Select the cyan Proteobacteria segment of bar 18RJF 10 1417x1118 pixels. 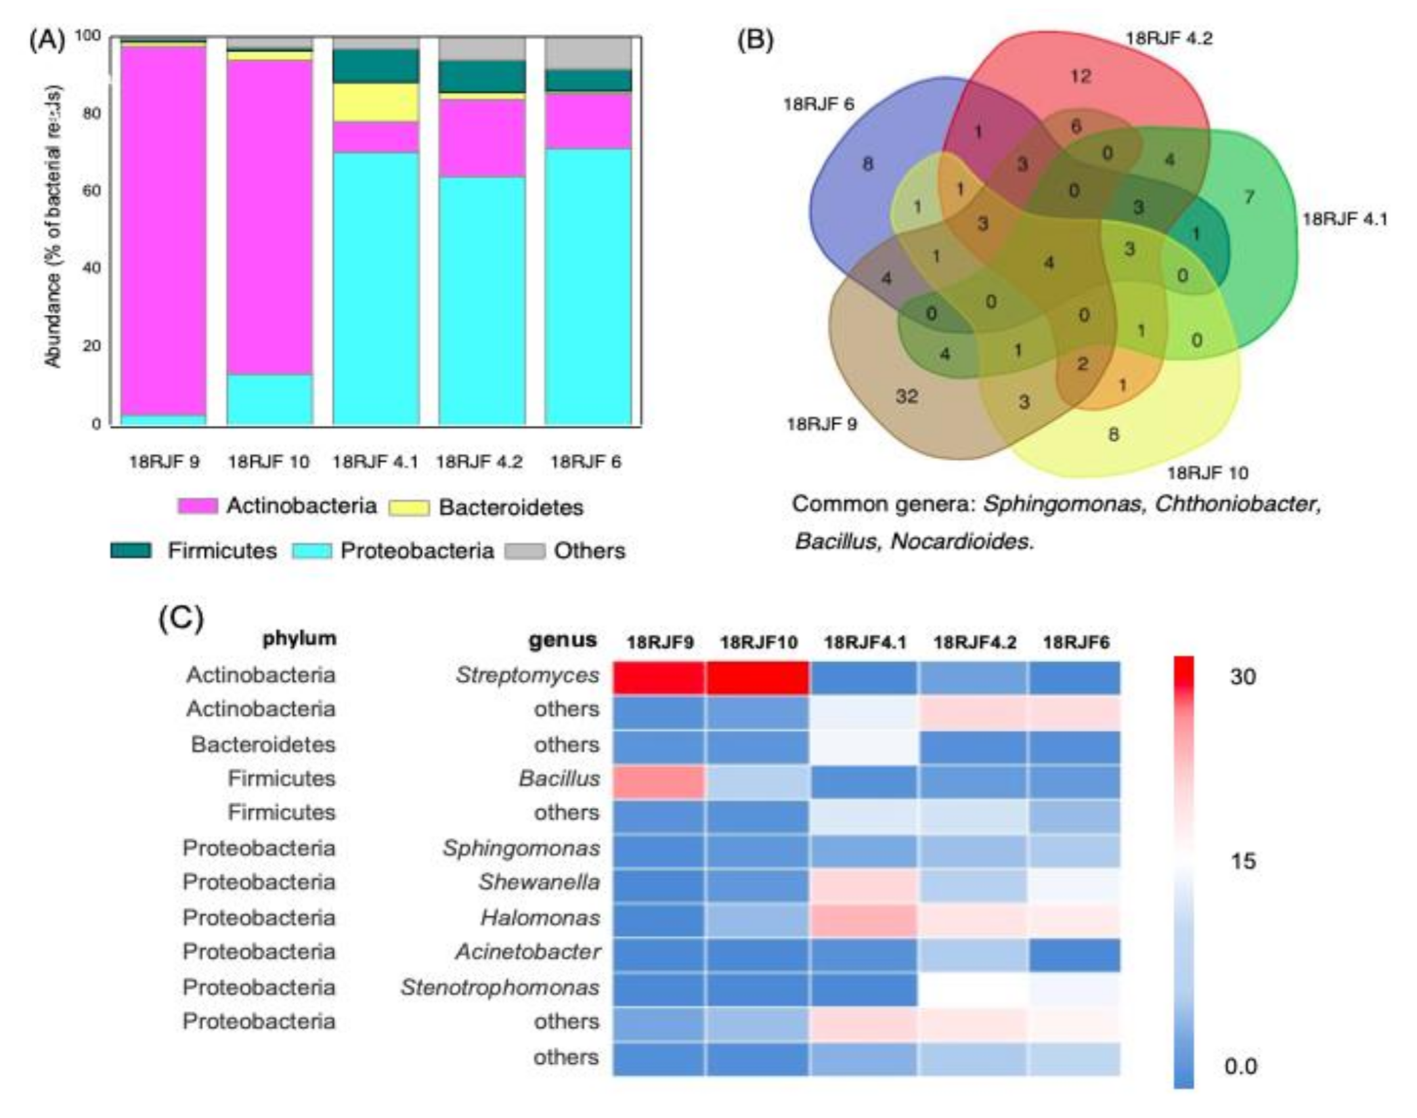coord(269,400)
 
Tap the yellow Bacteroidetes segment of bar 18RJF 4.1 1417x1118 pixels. coord(376,102)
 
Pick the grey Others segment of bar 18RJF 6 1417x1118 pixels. coord(588,53)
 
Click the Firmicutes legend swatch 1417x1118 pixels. coord(131,551)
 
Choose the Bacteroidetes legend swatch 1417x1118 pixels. coord(409,507)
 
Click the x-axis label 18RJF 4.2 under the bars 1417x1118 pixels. coord(479,463)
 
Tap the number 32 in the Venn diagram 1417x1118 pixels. coord(907,396)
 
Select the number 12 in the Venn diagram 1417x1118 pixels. coord(1081,76)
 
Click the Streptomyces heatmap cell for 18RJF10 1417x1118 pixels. coord(758,677)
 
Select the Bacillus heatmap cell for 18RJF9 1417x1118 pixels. coord(659,781)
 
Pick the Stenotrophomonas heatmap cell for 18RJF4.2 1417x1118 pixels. coord(973,988)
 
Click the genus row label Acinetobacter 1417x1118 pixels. coord(527,952)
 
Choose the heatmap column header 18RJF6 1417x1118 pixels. coord(1076,642)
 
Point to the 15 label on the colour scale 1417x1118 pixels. coord(1242,861)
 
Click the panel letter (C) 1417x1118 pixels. coord(181,618)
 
